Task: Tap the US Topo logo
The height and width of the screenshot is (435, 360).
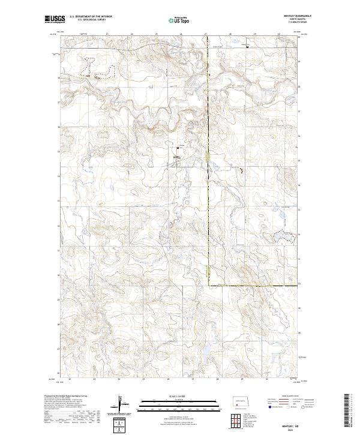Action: [x=180, y=20]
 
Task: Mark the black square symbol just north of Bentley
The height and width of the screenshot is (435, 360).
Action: [x=178, y=148]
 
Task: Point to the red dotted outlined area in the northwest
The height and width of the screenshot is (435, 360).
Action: [x=100, y=68]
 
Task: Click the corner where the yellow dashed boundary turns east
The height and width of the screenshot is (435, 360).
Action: [x=209, y=284]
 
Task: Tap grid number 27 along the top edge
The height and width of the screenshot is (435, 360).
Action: [x=206, y=34]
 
